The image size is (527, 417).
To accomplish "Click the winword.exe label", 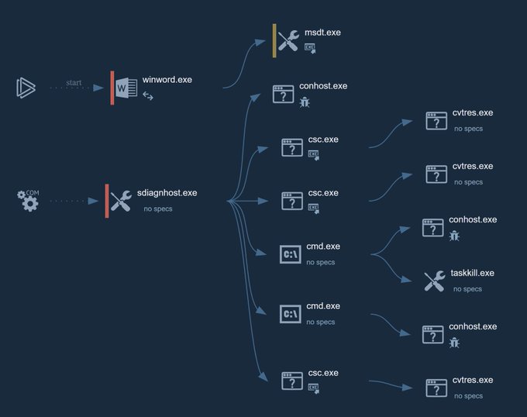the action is point(167,80).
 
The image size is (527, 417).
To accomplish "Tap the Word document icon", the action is point(126,88).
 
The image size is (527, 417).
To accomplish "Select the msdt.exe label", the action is point(322,33).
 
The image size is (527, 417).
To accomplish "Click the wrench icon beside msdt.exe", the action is point(289,40).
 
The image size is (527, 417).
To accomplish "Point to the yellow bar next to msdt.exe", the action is point(274,40).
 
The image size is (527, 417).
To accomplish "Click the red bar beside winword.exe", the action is point(112,88).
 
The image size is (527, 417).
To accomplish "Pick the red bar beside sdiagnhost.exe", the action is point(107,201).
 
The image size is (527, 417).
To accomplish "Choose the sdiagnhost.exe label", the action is point(167,193).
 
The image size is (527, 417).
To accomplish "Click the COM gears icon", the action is point(28,201).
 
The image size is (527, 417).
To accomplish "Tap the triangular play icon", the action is point(26,88).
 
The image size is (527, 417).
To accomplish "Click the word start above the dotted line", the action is point(74,83).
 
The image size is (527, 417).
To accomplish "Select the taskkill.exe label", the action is point(472,273).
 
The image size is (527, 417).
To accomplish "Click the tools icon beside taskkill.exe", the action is point(434,281).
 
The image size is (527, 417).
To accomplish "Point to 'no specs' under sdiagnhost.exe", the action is point(158,208).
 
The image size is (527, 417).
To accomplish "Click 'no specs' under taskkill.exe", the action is point(467,289).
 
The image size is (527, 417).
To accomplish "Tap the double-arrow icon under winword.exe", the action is point(148,96).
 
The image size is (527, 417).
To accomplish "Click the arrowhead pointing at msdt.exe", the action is point(260,43).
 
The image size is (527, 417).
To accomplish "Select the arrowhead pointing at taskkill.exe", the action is point(406,278).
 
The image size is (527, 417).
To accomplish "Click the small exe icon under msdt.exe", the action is point(310,48).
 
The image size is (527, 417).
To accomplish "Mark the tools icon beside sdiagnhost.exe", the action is point(121,201).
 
